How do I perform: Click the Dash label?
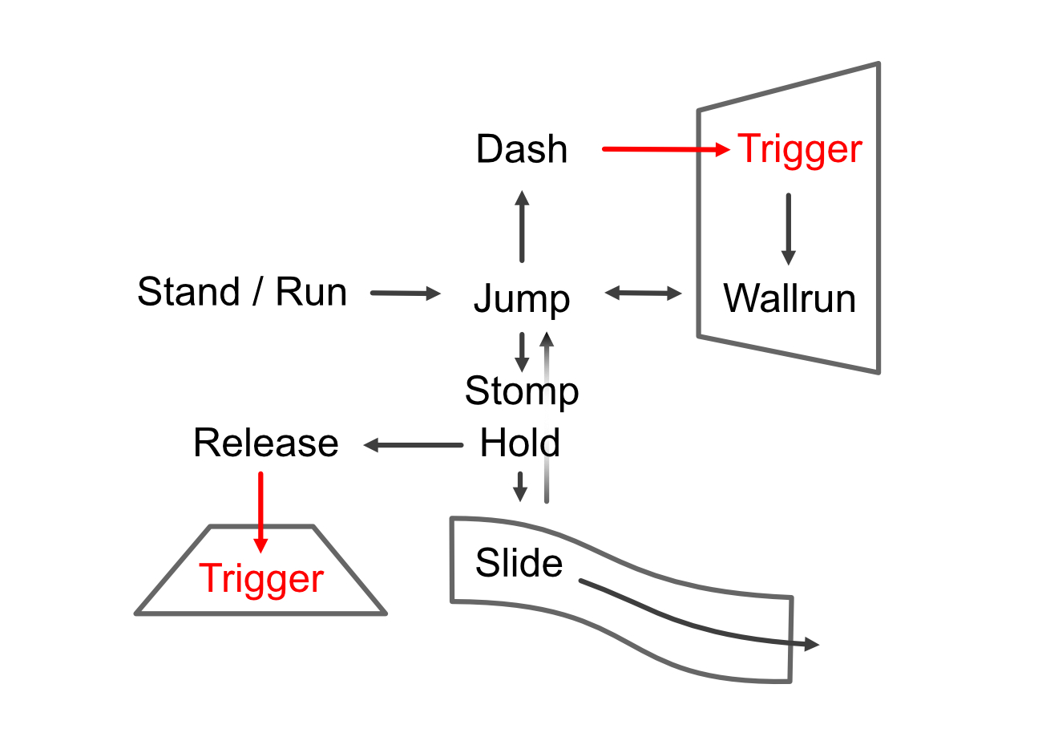pos(521,149)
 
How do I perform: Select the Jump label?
pos(522,299)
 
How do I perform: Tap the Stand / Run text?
pos(242,292)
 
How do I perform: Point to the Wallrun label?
pos(790,298)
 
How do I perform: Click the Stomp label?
pos(522,391)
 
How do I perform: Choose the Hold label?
pos(519,443)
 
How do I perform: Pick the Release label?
pos(266,443)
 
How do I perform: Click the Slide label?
pos(519,563)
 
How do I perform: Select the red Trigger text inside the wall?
pos(799,149)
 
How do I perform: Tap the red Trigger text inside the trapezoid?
pos(261,579)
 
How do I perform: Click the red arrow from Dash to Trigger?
pos(665,149)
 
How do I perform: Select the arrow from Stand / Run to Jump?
pos(406,294)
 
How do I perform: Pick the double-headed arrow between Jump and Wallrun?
pos(643,294)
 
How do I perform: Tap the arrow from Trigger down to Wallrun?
pos(788,229)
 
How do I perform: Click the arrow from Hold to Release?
pos(413,444)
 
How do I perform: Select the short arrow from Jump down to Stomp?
pos(522,351)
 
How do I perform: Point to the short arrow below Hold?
pos(520,486)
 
